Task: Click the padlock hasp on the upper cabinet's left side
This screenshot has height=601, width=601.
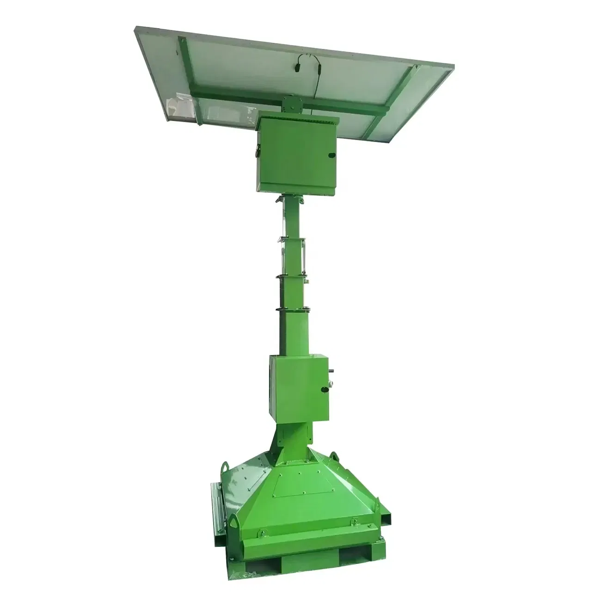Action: (x=254, y=150)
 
